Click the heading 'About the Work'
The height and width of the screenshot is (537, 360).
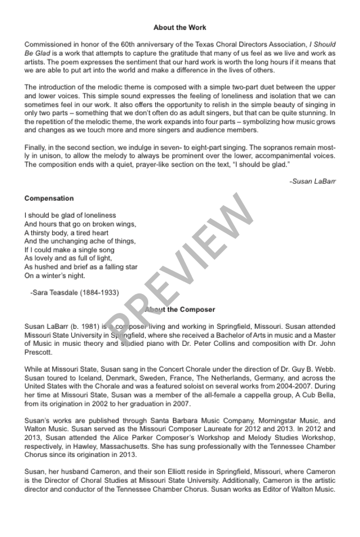tap(179, 28)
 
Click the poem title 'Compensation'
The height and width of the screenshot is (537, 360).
tap(49, 198)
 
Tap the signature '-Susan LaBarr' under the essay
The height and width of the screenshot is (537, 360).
tap(312, 182)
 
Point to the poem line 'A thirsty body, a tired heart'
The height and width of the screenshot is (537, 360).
tap(66, 232)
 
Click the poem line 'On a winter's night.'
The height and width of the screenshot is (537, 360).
tap(55, 275)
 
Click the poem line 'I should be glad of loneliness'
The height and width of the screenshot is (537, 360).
tap(71, 215)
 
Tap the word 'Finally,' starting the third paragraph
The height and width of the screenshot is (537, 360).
tap(37, 146)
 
